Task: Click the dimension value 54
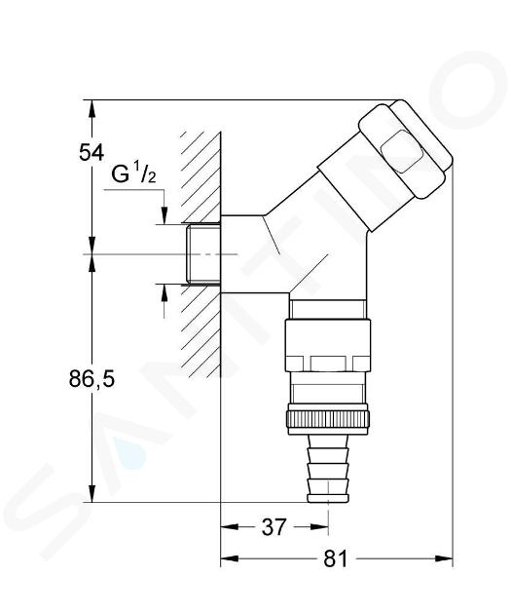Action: pos(91,152)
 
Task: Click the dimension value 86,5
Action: pos(91,379)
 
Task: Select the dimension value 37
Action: pos(274,527)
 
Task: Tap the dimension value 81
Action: pos(336,558)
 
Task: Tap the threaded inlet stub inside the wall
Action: pos(202,253)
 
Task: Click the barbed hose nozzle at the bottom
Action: pos(328,469)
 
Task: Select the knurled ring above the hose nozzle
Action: pos(328,419)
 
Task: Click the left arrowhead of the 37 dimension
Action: pos(230,527)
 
